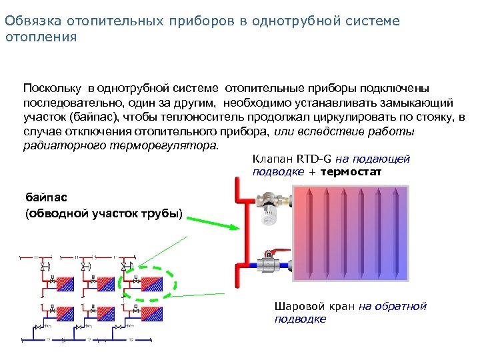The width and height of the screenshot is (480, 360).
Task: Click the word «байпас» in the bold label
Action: pos(45,198)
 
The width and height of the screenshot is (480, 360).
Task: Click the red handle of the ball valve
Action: pos(270,253)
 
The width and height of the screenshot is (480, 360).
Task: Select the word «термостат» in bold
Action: pos(351,171)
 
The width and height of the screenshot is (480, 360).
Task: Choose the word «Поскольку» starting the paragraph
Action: pos(49,88)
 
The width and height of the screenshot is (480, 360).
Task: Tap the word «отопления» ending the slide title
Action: pos(41,37)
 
